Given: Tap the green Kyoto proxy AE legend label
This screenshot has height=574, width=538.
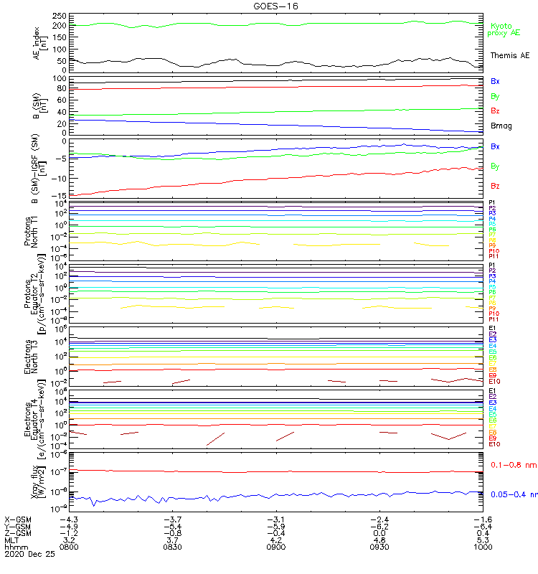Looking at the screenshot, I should [x=505, y=29].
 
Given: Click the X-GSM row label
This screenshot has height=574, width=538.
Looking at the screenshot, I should [x=18, y=519].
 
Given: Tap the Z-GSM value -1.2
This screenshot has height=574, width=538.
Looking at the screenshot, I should [x=68, y=532].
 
